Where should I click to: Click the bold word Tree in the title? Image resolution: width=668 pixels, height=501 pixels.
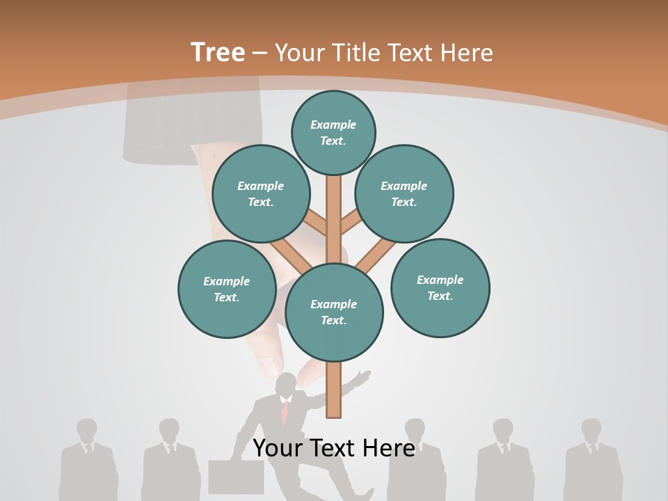pyautogui.click(x=218, y=53)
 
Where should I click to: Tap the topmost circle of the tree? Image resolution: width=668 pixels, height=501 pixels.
pyautogui.click(x=333, y=132)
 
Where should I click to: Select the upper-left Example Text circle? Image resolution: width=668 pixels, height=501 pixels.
pyautogui.click(x=261, y=193)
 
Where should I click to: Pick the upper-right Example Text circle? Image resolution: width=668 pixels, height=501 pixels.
pyautogui.click(x=404, y=193)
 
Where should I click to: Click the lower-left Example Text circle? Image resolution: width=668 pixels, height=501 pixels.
pyautogui.click(x=227, y=289)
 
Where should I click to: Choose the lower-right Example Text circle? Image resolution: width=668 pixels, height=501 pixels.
pyautogui.click(x=440, y=287)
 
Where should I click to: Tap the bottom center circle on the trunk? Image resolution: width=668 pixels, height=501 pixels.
pyautogui.click(x=334, y=312)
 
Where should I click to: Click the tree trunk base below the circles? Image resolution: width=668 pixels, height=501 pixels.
pyautogui.click(x=334, y=393)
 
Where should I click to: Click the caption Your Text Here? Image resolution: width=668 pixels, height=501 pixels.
pyautogui.click(x=333, y=447)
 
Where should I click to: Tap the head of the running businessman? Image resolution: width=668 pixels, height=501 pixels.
pyautogui.click(x=285, y=385)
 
